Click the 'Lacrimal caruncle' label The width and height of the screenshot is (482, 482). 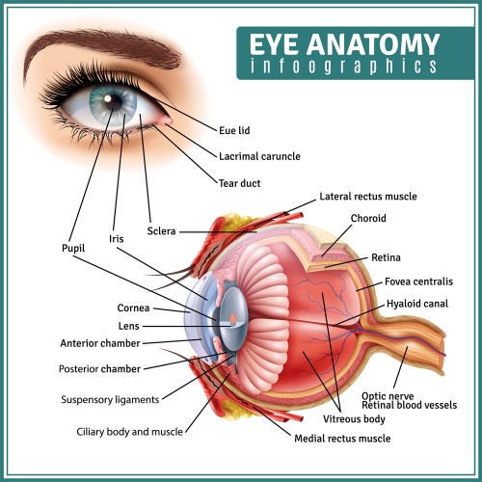click(x=259, y=156)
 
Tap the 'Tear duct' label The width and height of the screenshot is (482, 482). click(x=239, y=183)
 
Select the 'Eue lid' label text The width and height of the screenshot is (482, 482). click(x=234, y=130)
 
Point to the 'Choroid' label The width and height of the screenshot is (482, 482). click(x=368, y=218)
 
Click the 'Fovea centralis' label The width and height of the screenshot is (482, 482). click(x=418, y=281)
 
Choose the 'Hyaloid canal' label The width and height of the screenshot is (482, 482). click(x=417, y=304)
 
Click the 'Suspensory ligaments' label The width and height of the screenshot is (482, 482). click(x=110, y=400)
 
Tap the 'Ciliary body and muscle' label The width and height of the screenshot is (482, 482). click(x=129, y=432)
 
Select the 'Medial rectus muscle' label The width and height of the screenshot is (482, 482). click(x=342, y=439)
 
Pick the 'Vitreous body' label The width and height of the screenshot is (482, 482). click(x=354, y=419)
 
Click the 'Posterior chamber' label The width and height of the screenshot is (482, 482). click(x=99, y=368)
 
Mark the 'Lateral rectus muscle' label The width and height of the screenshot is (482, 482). click(x=368, y=197)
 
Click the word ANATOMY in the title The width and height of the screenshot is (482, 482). click(x=373, y=44)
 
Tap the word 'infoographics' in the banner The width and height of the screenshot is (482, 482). click(x=343, y=67)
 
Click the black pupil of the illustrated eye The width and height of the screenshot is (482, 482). click(x=113, y=101)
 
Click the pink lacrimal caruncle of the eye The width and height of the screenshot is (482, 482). click(x=166, y=120)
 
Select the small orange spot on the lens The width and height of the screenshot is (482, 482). click(x=233, y=318)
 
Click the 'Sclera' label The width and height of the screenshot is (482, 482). click(x=161, y=231)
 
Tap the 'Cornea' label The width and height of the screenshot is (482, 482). click(x=133, y=308)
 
